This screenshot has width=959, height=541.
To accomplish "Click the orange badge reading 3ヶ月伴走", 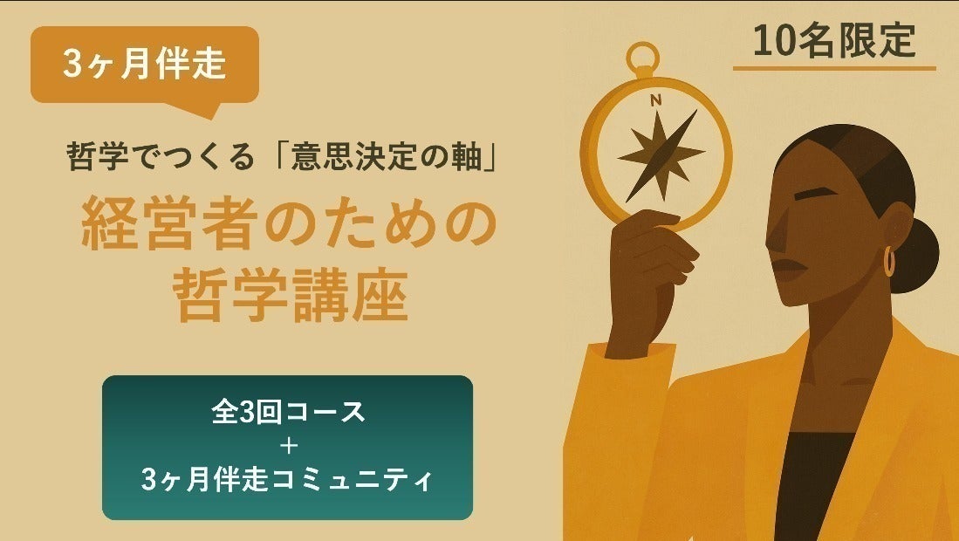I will [145, 65].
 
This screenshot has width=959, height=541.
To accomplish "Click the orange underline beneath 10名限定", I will [833, 68].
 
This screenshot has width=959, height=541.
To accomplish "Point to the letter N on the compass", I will [655, 100].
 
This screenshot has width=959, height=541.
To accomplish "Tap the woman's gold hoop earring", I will [889, 261].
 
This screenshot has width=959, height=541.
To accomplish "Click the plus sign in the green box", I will [287, 447].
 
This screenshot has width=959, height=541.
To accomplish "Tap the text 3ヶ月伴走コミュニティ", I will [287, 480].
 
